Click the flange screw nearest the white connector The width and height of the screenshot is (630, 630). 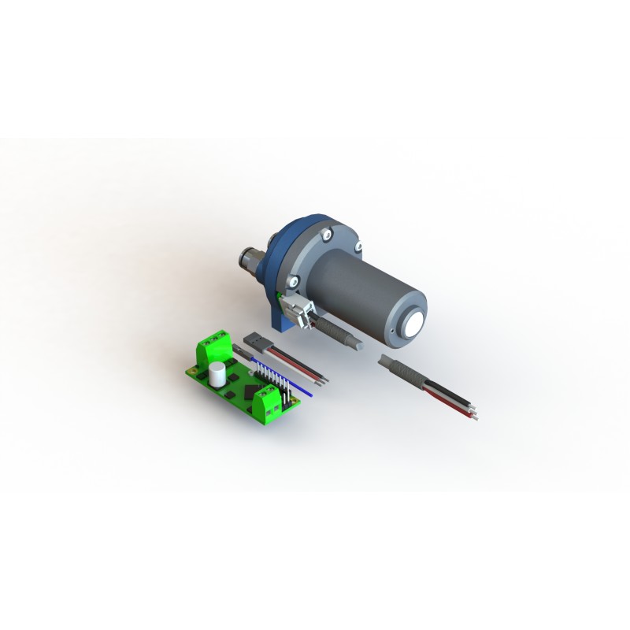point(293,280)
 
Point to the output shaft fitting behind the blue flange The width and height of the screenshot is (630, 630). point(254,259)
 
